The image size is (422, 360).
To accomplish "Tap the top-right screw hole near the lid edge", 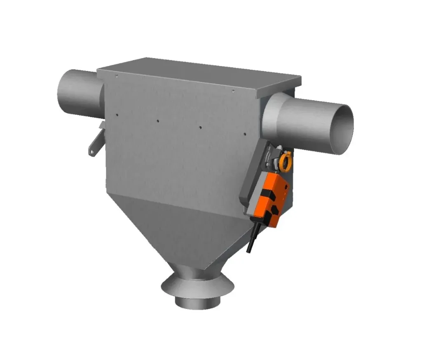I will (x=233, y=90).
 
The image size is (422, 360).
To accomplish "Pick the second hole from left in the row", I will (x=157, y=121).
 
